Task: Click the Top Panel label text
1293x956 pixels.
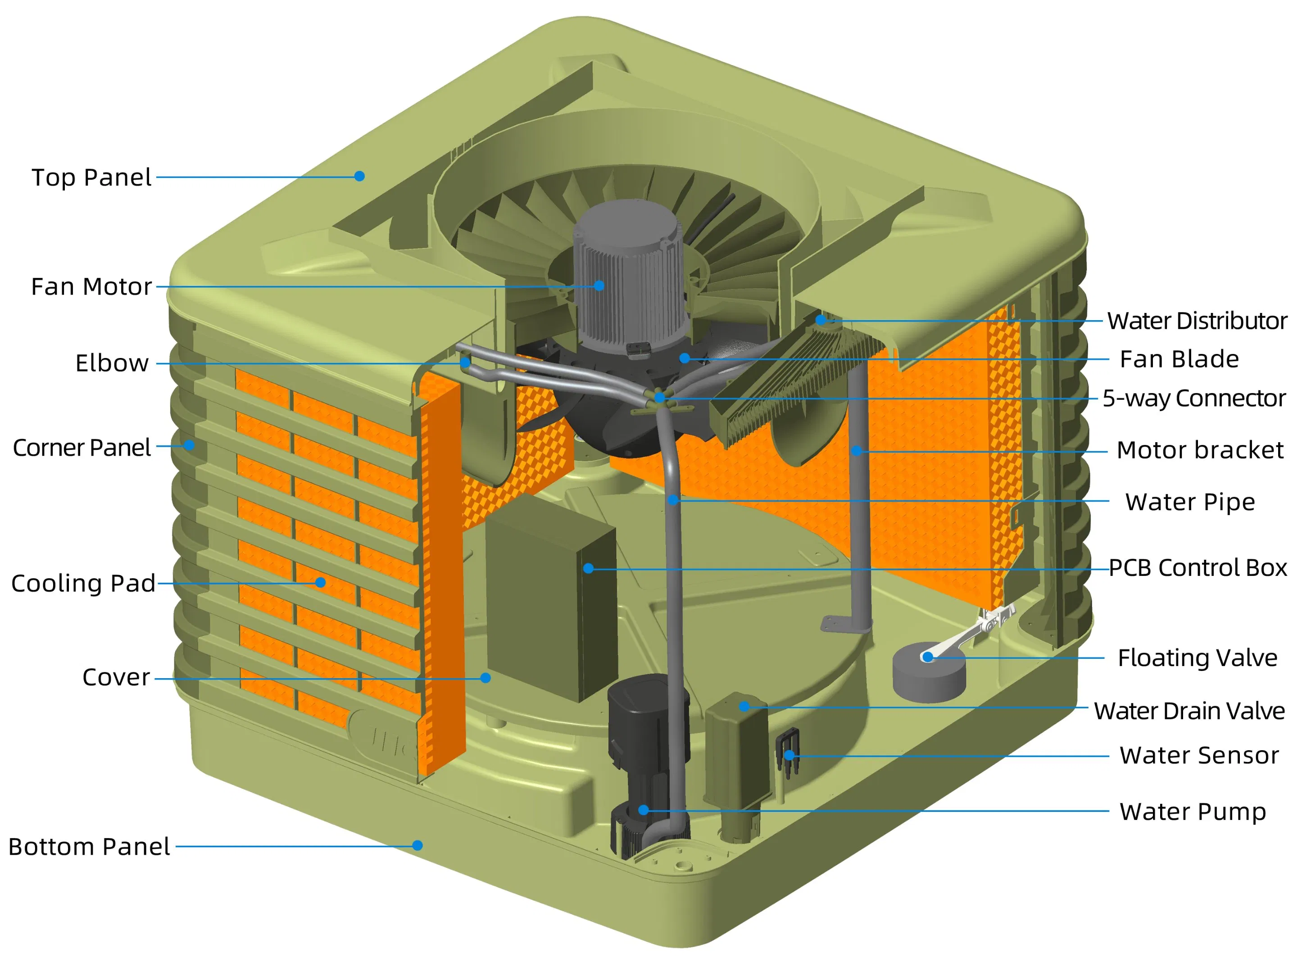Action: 91,177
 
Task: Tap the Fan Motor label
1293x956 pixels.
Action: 91,286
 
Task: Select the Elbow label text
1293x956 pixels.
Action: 112,363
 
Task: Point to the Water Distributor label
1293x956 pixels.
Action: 1197,321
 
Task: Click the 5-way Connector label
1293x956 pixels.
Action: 1193,398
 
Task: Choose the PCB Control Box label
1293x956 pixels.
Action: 1198,568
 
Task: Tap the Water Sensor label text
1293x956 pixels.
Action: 1199,755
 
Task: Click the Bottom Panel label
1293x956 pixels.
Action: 89,847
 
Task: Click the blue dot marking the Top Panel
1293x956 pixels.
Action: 359,176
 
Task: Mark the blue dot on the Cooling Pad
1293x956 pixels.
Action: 321,582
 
